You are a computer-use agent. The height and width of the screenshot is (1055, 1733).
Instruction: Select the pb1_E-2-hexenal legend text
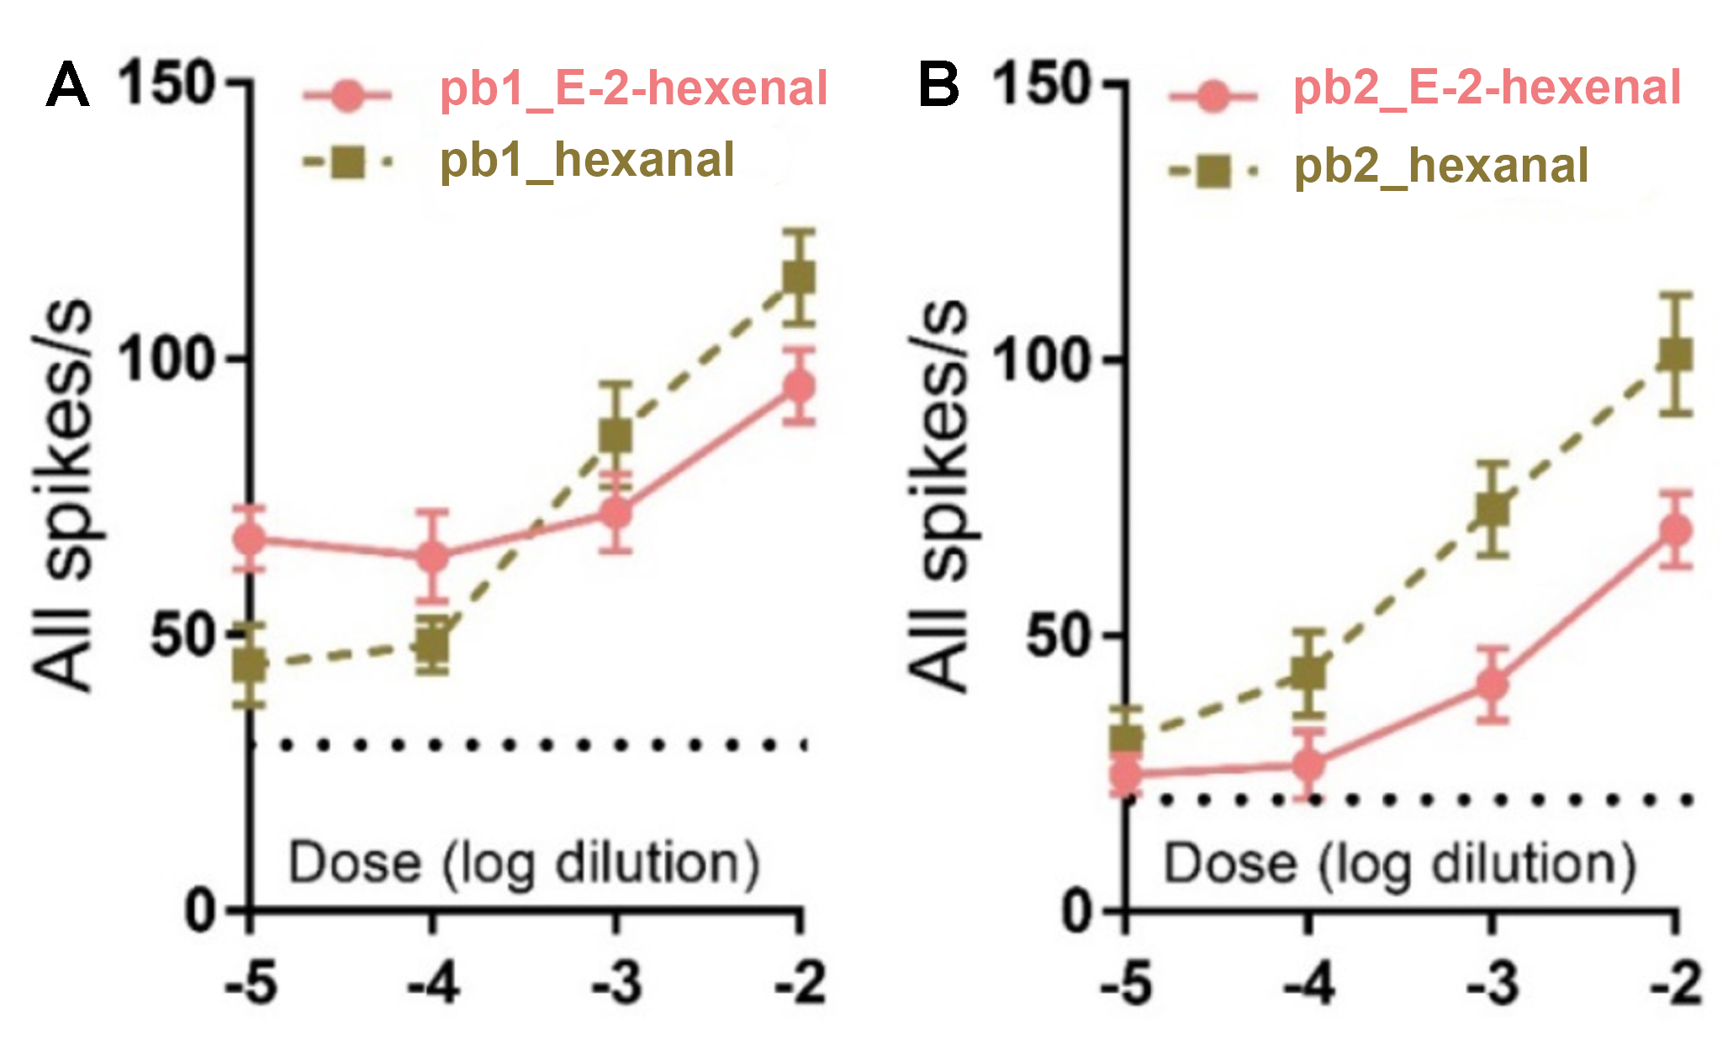point(633,88)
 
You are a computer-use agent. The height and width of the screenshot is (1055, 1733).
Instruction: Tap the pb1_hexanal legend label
point(587,160)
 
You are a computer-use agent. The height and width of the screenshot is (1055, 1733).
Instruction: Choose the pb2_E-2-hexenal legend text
point(1487,87)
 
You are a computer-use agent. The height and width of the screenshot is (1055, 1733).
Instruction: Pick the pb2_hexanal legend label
point(1441,165)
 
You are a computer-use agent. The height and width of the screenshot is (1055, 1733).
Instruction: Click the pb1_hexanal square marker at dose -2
point(799,277)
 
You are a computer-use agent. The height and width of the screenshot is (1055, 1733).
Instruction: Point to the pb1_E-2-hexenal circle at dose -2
point(799,386)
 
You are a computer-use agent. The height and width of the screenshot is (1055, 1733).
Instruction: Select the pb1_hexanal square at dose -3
point(616,436)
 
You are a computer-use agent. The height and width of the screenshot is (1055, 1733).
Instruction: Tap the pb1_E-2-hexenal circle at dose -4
point(432,556)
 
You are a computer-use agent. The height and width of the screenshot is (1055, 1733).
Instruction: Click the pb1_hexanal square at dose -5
point(250,665)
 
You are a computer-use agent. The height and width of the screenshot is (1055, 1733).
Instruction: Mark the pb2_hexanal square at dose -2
point(1675,354)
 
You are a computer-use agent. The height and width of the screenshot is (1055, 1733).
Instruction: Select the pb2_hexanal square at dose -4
point(1308,673)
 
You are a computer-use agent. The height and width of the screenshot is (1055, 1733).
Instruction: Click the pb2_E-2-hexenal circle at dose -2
point(1675,531)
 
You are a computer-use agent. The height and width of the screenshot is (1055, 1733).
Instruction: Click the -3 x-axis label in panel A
point(616,982)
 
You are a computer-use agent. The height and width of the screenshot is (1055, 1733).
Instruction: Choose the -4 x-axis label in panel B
point(1308,982)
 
